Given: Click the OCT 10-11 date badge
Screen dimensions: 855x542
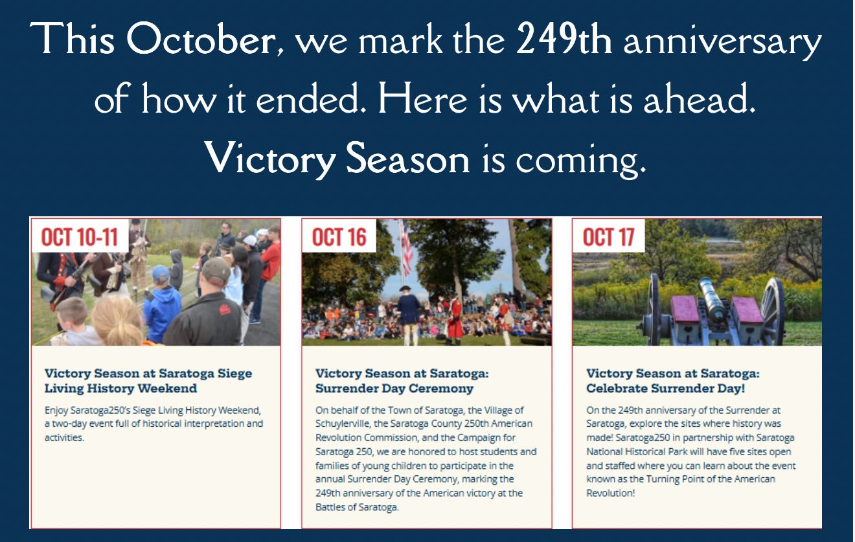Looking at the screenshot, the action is click(x=80, y=236).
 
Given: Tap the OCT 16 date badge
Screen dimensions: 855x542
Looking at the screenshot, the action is click(x=339, y=236).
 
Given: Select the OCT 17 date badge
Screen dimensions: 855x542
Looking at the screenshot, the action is click(x=608, y=236).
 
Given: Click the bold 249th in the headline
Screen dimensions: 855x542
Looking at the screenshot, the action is click(x=564, y=40).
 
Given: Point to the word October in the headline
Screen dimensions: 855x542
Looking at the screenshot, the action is click(x=201, y=40).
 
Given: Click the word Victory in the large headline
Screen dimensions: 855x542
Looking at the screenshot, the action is click(x=270, y=159).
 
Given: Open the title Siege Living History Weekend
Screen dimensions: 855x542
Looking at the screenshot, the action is click(x=148, y=381).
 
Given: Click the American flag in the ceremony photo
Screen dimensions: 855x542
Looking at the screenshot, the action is click(x=406, y=247).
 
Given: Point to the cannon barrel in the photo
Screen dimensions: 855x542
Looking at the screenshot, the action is click(x=712, y=300).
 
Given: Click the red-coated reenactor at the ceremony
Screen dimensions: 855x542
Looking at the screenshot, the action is click(x=454, y=319).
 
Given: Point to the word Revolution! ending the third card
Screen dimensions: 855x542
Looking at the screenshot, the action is click(x=610, y=493).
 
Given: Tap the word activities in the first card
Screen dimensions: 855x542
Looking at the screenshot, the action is click(x=64, y=437).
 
